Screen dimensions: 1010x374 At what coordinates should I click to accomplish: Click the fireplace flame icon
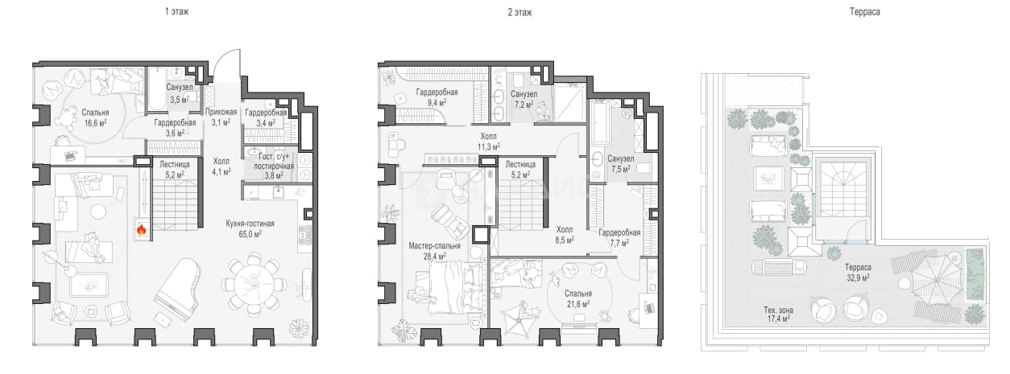tap(142, 230)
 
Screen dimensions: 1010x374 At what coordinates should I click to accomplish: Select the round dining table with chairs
tap(254, 285)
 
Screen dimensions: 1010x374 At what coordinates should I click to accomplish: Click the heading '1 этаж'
tap(176, 12)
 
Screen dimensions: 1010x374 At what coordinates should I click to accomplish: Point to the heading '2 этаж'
tap(519, 12)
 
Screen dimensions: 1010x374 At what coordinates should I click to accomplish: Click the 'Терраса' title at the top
tap(864, 12)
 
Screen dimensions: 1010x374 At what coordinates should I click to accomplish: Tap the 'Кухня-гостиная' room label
tap(250, 224)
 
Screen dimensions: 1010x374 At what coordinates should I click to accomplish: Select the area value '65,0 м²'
tap(250, 234)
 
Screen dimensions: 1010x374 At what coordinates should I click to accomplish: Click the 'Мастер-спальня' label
tap(434, 246)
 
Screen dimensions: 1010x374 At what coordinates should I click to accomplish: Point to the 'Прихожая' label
tap(221, 112)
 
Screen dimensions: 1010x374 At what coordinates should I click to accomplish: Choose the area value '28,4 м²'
tap(435, 256)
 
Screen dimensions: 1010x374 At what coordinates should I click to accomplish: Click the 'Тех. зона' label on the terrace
tap(778, 310)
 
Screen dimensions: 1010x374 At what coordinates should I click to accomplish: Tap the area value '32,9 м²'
tap(858, 277)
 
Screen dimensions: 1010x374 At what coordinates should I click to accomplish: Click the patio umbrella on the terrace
tap(935, 279)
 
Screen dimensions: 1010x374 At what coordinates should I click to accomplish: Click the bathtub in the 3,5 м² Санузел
tap(157, 88)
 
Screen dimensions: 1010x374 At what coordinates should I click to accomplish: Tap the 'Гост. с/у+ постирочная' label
tap(273, 161)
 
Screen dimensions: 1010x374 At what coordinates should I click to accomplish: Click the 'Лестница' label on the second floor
tap(520, 164)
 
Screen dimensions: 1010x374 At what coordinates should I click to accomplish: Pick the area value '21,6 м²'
tap(578, 304)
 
